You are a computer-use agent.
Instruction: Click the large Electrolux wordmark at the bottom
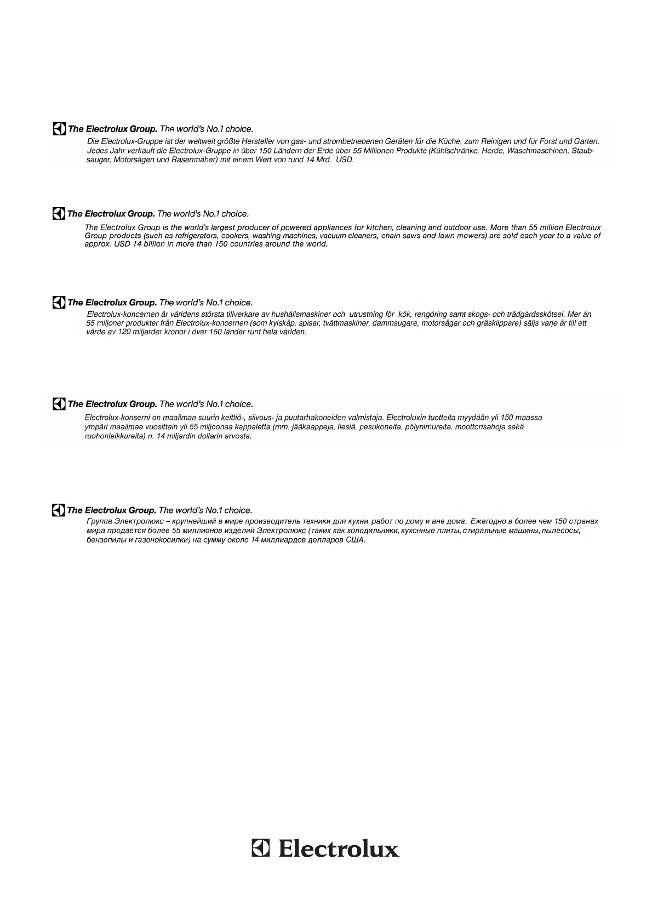[339, 849]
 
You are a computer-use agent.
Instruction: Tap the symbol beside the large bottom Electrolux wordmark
[261, 848]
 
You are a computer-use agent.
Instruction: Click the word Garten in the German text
[585, 141]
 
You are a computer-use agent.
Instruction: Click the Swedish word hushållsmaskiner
[308, 315]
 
